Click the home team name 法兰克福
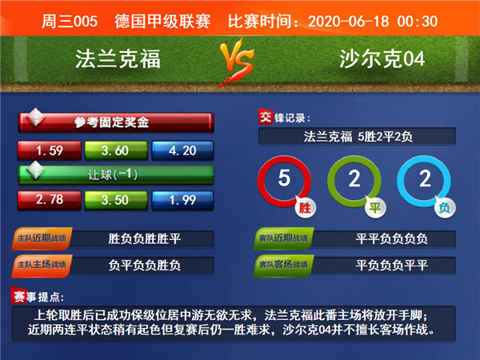(x=118, y=58)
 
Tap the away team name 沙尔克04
(x=382, y=58)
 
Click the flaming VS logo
(x=236, y=62)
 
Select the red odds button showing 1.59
(x=50, y=150)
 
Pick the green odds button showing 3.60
(x=116, y=150)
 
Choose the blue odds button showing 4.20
(x=182, y=150)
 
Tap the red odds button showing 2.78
(x=50, y=200)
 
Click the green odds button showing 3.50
(x=116, y=200)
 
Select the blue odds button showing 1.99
(x=182, y=200)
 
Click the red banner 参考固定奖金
(x=116, y=122)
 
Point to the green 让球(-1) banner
(x=116, y=174)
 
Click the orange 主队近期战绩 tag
(x=42, y=238)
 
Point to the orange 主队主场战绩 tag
(x=42, y=266)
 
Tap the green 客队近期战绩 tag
(x=284, y=238)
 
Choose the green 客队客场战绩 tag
(x=284, y=266)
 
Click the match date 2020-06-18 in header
(x=349, y=22)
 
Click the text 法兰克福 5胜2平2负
(x=358, y=137)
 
